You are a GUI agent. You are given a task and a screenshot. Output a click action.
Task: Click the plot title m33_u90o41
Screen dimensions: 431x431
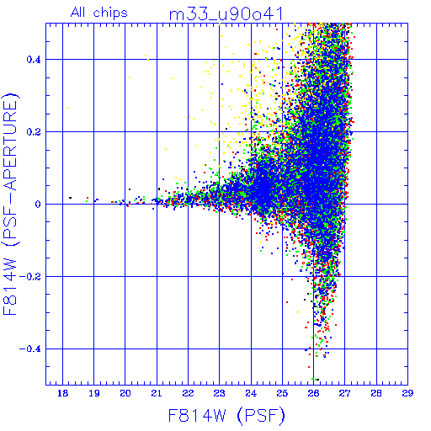(x=226, y=14)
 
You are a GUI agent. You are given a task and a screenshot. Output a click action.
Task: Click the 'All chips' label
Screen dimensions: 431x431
(x=99, y=13)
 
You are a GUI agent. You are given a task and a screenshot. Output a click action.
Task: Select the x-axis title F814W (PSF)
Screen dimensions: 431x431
(x=226, y=415)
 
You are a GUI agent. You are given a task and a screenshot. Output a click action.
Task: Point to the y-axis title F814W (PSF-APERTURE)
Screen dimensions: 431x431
(x=11, y=204)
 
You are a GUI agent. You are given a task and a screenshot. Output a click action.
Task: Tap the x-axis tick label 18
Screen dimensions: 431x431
(x=62, y=393)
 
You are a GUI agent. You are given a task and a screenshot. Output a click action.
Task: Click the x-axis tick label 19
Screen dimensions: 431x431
(x=94, y=393)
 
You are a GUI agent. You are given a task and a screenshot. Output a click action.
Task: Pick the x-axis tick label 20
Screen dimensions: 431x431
(x=125, y=393)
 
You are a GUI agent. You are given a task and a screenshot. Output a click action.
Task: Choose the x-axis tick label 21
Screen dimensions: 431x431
(x=157, y=393)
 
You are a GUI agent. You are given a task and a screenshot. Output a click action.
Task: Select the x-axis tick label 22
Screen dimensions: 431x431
(x=188, y=393)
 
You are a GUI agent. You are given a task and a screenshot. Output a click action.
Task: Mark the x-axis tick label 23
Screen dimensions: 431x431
(x=219, y=393)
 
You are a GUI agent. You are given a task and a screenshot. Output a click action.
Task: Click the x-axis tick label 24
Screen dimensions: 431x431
(x=251, y=393)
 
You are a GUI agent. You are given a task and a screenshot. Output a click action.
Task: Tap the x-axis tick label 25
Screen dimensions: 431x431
(x=282, y=393)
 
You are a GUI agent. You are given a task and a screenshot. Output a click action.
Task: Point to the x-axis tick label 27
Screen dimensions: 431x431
(x=344, y=393)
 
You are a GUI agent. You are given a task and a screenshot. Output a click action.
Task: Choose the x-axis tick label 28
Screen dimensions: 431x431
(x=376, y=393)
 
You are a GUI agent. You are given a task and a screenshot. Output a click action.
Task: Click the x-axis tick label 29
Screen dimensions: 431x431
(x=407, y=393)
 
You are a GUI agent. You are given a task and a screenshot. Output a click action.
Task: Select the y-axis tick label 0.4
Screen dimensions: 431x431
(x=34, y=60)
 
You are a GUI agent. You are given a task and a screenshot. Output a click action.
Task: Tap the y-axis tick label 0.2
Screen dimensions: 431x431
(x=34, y=132)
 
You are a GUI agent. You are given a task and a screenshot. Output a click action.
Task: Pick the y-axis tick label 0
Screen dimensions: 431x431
(x=38, y=205)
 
